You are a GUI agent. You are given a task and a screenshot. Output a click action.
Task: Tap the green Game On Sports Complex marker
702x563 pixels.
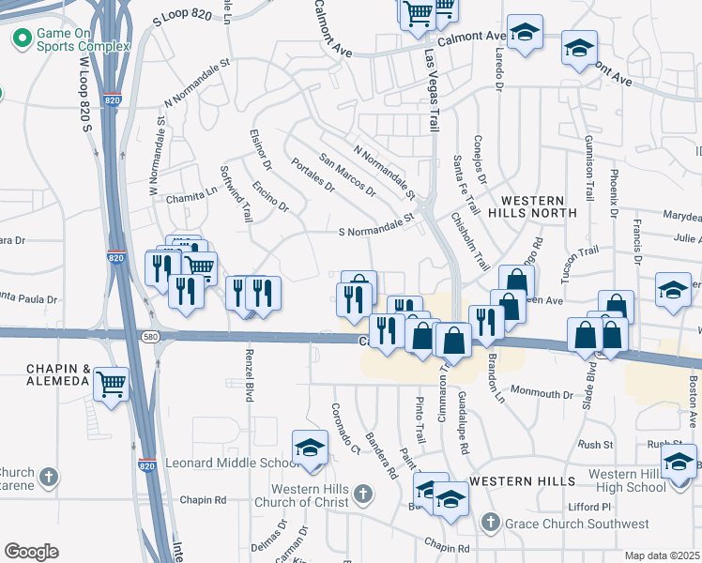pyautogui.click(x=21, y=38)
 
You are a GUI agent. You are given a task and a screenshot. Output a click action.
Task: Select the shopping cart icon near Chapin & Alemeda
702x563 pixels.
pyautogui.click(x=112, y=383)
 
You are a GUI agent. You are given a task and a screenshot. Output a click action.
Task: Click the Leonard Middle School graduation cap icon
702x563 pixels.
pyautogui.click(x=311, y=447)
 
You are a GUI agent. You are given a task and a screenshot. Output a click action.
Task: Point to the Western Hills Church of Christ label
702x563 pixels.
pyautogui.click(x=309, y=496)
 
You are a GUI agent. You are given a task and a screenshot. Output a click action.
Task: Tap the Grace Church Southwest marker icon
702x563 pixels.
pyautogui.click(x=490, y=523)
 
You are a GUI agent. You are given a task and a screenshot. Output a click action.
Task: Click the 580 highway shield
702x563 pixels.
pyautogui.click(x=150, y=335)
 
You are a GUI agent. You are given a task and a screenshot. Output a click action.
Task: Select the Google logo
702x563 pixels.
pyautogui.click(x=31, y=552)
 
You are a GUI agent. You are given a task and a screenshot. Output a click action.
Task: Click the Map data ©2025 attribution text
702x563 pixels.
pyautogui.click(x=662, y=555)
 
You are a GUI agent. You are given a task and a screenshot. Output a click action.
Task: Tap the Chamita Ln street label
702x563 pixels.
pyautogui.click(x=191, y=191)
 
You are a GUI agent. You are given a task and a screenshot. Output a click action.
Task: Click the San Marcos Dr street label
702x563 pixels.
pyautogui.click(x=346, y=175)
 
